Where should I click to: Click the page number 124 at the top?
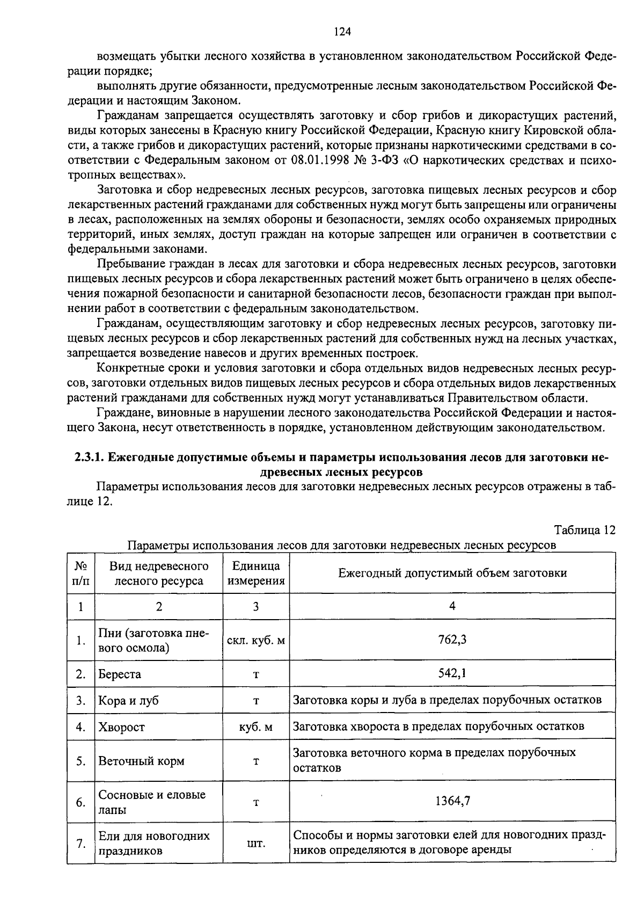pos(342,32)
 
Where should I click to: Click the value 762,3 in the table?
pos(452,640)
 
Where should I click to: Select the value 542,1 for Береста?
pos(452,673)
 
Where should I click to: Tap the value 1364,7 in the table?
pos(452,801)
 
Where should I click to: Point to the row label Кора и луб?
pos(128,700)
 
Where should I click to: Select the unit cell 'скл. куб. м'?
pos(256,640)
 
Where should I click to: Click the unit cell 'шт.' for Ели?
pos(256,843)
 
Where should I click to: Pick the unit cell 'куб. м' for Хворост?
pos(256,727)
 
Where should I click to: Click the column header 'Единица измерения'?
pos(256,573)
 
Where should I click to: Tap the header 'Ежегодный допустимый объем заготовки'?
pos(452,573)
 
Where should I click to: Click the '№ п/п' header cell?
pos(80,573)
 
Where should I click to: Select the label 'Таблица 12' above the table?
pos(584,530)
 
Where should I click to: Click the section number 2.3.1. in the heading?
pos(90,457)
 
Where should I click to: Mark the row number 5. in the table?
pos(80,761)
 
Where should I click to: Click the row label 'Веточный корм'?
pos(141,761)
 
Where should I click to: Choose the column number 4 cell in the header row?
pos(452,606)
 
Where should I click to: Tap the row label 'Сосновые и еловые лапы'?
pos(151,802)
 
